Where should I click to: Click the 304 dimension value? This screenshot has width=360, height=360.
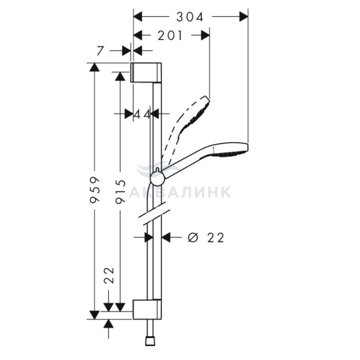tap(190, 17)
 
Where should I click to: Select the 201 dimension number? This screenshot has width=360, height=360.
tap(170, 35)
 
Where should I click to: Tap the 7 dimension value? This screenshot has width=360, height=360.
tap(100, 51)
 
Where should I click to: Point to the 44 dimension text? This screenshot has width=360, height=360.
tap(141, 114)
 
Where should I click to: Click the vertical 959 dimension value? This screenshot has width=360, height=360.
tap(95, 190)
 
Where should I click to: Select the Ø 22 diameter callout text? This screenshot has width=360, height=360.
tap(206, 238)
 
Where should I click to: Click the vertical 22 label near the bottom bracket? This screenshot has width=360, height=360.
tap(109, 275)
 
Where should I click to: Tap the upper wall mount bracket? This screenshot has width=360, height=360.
tap(146, 72)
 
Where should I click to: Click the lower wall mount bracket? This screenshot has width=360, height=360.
tap(147, 309)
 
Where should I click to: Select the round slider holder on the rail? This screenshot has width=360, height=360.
tap(156, 178)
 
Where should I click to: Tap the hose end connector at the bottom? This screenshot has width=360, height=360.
tap(150, 341)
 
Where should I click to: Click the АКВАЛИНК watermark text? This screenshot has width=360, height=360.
tap(180, 192)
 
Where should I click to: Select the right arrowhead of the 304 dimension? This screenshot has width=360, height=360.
tap(243, 17)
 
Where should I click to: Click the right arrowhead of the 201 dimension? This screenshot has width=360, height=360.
tap(205, 35)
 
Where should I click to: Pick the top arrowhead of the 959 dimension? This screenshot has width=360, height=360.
tap(95, 67)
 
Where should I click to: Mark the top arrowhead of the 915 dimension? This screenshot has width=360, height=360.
tap(120, 76)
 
